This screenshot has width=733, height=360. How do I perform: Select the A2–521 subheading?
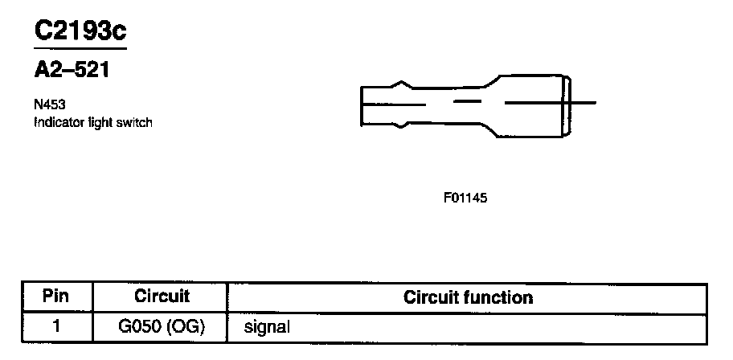coord(71,70)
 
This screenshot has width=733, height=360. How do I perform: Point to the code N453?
coord(49,104)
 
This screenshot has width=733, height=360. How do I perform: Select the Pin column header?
coord(55,297)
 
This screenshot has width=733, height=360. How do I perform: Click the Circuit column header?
coord(162,297)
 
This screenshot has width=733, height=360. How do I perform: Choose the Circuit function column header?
coord(468,297)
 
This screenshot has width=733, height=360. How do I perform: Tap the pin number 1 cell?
coord(55,326)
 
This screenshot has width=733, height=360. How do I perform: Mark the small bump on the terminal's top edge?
coord(400,82)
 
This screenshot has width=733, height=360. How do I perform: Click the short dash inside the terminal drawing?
coord(468,102)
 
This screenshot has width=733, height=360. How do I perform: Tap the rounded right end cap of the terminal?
coord(569,103)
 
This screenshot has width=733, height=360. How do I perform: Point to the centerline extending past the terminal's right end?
coord(584,102)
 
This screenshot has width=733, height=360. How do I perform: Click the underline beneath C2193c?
coord(80,47)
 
